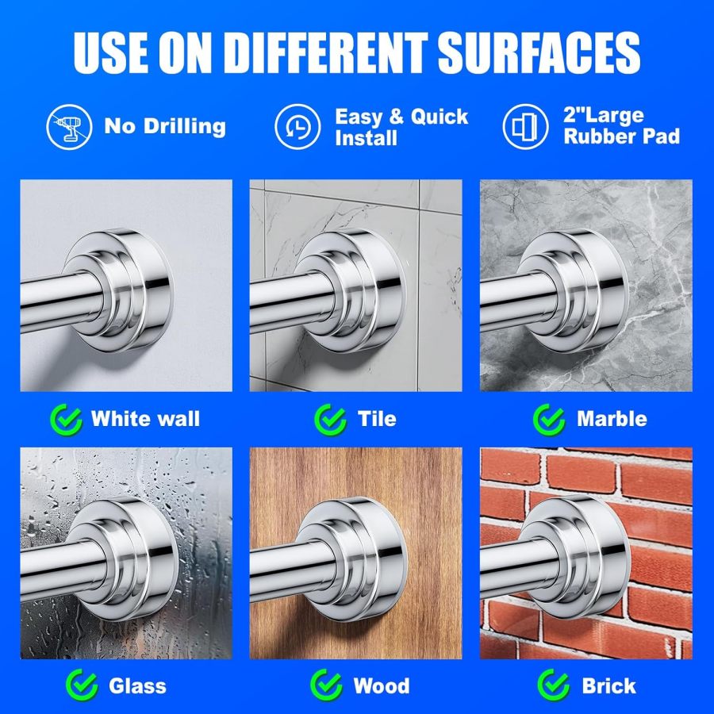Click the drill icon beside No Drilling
click(69, 127)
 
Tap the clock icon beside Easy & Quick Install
click(297, 127)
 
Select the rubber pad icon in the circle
click(525, 127)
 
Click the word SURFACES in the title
click(539, 53)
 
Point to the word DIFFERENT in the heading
click(325, 53)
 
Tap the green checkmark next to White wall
click(67, 420)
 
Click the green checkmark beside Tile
click(331, 420)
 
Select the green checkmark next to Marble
click(549, 420)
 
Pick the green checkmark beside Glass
click(82, 685)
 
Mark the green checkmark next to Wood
click(327, 685)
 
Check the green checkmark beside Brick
click(554, 685)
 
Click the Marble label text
click(612, 419)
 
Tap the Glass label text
click(137, 685)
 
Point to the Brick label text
click(608, 685)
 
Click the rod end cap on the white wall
click(119, 290)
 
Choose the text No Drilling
click(165, 126)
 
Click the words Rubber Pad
click(621, 136)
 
